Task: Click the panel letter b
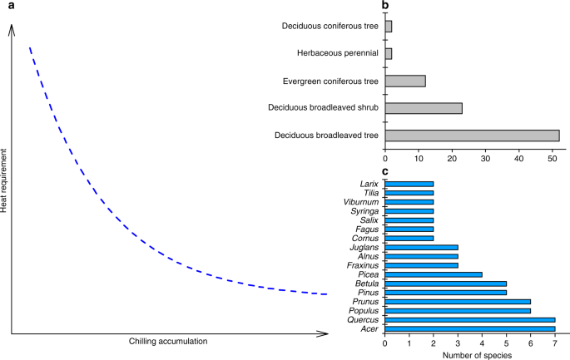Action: pyautogui.click(x=386, y=6)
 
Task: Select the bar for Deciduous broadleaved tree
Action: pyautogui.click(x=472, y=135)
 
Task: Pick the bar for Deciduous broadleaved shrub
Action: pyautogui.click(x=424, y=108)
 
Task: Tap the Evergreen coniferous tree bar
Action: pyautogui.click(x=405, y=81)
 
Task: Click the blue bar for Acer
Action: pyautogui.click(x=469, y=328)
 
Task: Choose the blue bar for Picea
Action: pyautogui.click(x=434, y=274)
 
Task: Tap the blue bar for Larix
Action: pyautogui.click(x=409, y=184)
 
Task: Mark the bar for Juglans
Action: pyautogui.click(x=421, y=247)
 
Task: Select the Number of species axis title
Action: pyautogui.click(x=469, y=354)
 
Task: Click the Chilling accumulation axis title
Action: pyautogui.click(x=167, y=342)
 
